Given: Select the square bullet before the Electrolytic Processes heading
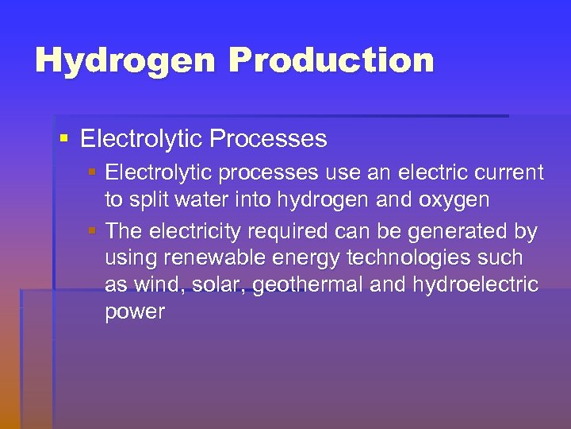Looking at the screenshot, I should pos(65,139).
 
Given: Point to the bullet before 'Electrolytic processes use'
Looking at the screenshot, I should pos(93,172).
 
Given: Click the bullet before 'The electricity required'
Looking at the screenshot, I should pos(93,231).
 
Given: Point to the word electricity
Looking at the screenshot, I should pos(200,232).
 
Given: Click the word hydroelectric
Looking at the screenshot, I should pos(475,284).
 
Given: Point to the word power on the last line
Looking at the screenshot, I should pos(135,312).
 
